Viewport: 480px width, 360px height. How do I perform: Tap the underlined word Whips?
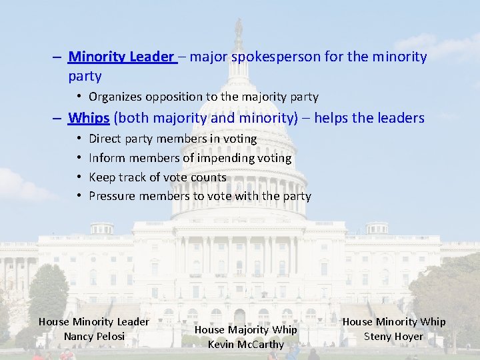pos(89,118)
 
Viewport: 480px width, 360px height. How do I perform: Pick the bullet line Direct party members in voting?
pos(172,139)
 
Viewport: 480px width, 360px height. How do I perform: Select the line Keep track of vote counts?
pos(157,177)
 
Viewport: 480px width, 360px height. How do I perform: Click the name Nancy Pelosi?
pos(94,336)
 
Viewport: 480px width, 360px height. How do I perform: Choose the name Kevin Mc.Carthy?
pos(246,344)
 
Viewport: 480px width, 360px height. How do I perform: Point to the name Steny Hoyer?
pos(393,336)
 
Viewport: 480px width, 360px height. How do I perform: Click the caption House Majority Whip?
pos(246,329)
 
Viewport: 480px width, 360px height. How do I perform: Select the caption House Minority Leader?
pos(94,322)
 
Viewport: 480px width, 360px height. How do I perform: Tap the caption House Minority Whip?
pos(394,322)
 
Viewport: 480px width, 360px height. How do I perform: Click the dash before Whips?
pos(59,119)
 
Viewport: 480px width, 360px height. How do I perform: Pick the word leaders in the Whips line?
pos(401,118)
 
